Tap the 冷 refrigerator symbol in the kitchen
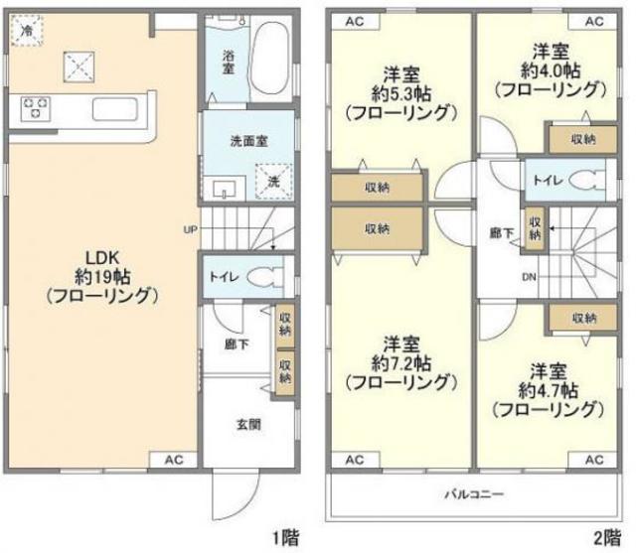pyautogui.click(x=26, y=31)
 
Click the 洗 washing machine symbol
pyautogui.click(x=274, y=182)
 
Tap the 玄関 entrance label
pyautogui.click(x=248, y=425)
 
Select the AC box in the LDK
pyautogui.click(x=175, y=459)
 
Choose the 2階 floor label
pyautogui.click(x=608, y=539)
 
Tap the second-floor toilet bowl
pyautogui.click(x=587, y=180)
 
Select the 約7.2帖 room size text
pyautogui.click(x=399, y=361)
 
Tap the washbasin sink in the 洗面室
pyautogui.click(x=221, y=185)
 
